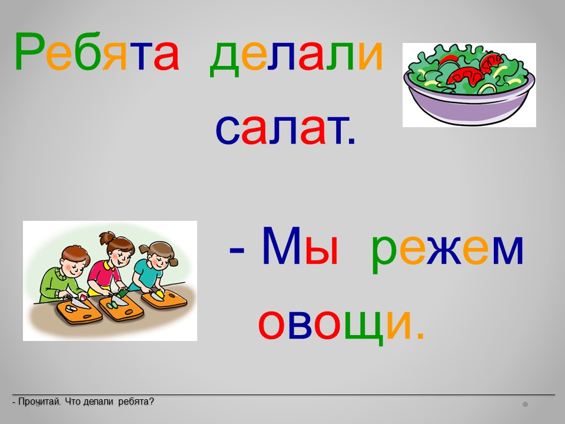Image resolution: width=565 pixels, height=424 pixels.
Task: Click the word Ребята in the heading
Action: tap(97, 51)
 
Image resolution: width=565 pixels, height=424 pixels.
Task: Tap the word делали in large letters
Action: tap(296, 56)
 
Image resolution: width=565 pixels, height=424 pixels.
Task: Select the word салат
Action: tap(285, 129)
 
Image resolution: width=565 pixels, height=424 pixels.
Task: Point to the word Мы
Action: tap(300, 246)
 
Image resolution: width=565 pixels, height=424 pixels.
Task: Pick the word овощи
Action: tap(341, 324)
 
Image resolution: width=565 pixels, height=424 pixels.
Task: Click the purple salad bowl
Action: tap(469, 85)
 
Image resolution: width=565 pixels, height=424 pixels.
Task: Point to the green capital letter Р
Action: tap(29, 51)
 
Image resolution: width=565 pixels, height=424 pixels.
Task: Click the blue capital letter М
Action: tap(281, 246)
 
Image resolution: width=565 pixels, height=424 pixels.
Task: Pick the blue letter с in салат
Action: tap(227, 130)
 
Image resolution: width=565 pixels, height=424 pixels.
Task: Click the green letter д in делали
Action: tap(224, 59)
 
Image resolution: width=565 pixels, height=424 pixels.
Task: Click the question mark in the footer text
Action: tap(151, 401)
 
